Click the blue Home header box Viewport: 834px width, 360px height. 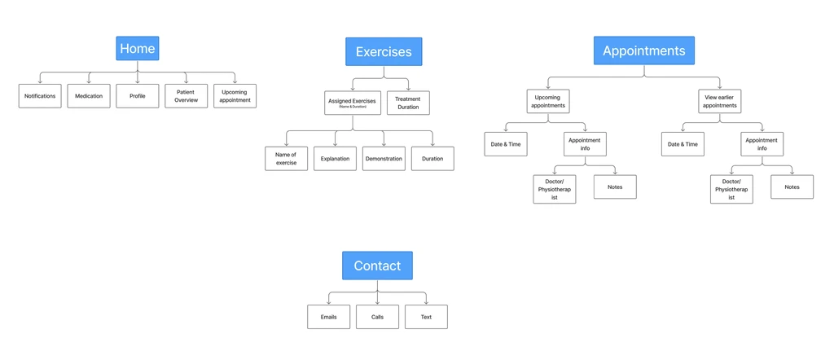137,49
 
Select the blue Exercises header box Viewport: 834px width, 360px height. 384,51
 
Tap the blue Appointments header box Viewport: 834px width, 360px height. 643,50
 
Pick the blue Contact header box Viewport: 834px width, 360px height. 377,266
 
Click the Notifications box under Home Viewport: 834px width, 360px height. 40,96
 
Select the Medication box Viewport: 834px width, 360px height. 89,96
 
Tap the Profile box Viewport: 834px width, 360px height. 137,96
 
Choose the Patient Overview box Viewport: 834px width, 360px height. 186,96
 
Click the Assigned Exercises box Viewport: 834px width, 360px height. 352,103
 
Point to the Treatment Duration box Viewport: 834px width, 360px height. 408,103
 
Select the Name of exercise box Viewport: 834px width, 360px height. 286,158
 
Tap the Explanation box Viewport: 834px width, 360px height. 335,158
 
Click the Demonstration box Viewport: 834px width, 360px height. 384,158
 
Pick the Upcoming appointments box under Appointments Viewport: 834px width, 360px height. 547,101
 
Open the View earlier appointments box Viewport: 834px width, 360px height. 720,101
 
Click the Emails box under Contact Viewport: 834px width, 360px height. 328,317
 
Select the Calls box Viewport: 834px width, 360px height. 377,317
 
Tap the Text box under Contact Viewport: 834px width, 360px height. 426,317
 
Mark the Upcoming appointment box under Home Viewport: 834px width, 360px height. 235,96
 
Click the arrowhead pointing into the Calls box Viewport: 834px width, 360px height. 377,302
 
